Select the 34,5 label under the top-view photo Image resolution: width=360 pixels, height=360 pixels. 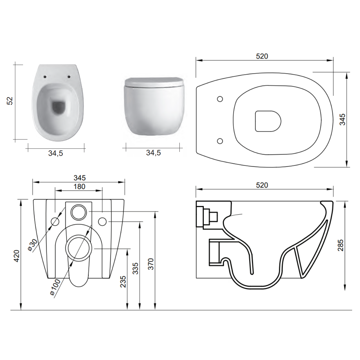pos(55,153)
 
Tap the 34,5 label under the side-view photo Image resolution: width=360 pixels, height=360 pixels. pos(153,153)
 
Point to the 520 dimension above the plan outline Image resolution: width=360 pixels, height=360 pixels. pos(262,56)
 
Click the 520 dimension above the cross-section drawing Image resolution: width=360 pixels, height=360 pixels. pos(262,185)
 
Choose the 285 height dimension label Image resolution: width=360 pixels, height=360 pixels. pos(341,245)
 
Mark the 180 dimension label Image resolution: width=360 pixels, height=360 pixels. pos(79,186)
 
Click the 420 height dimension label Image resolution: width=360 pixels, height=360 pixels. pos(17,256)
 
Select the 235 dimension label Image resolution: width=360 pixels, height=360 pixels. pos(123,282)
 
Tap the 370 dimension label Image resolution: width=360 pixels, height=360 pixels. pos(150,264)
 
